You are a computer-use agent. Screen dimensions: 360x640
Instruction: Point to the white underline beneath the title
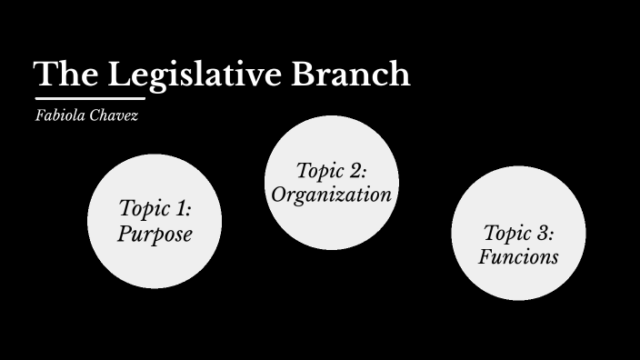click(90, 98)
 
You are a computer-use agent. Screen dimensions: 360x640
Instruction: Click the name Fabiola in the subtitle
click(58, 117)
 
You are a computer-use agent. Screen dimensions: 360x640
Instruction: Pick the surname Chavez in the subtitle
click(113, 117)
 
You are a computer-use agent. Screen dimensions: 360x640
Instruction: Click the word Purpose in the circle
click(155, 234)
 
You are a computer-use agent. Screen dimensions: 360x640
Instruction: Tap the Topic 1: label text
click(155, 208)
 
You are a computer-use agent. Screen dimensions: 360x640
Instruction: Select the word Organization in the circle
click(332, 194)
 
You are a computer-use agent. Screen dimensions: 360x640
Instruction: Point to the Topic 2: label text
click(332, 170)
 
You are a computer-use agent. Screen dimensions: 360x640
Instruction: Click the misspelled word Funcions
click(519, 257)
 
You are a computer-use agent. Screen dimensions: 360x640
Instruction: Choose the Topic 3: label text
click(519, 233)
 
